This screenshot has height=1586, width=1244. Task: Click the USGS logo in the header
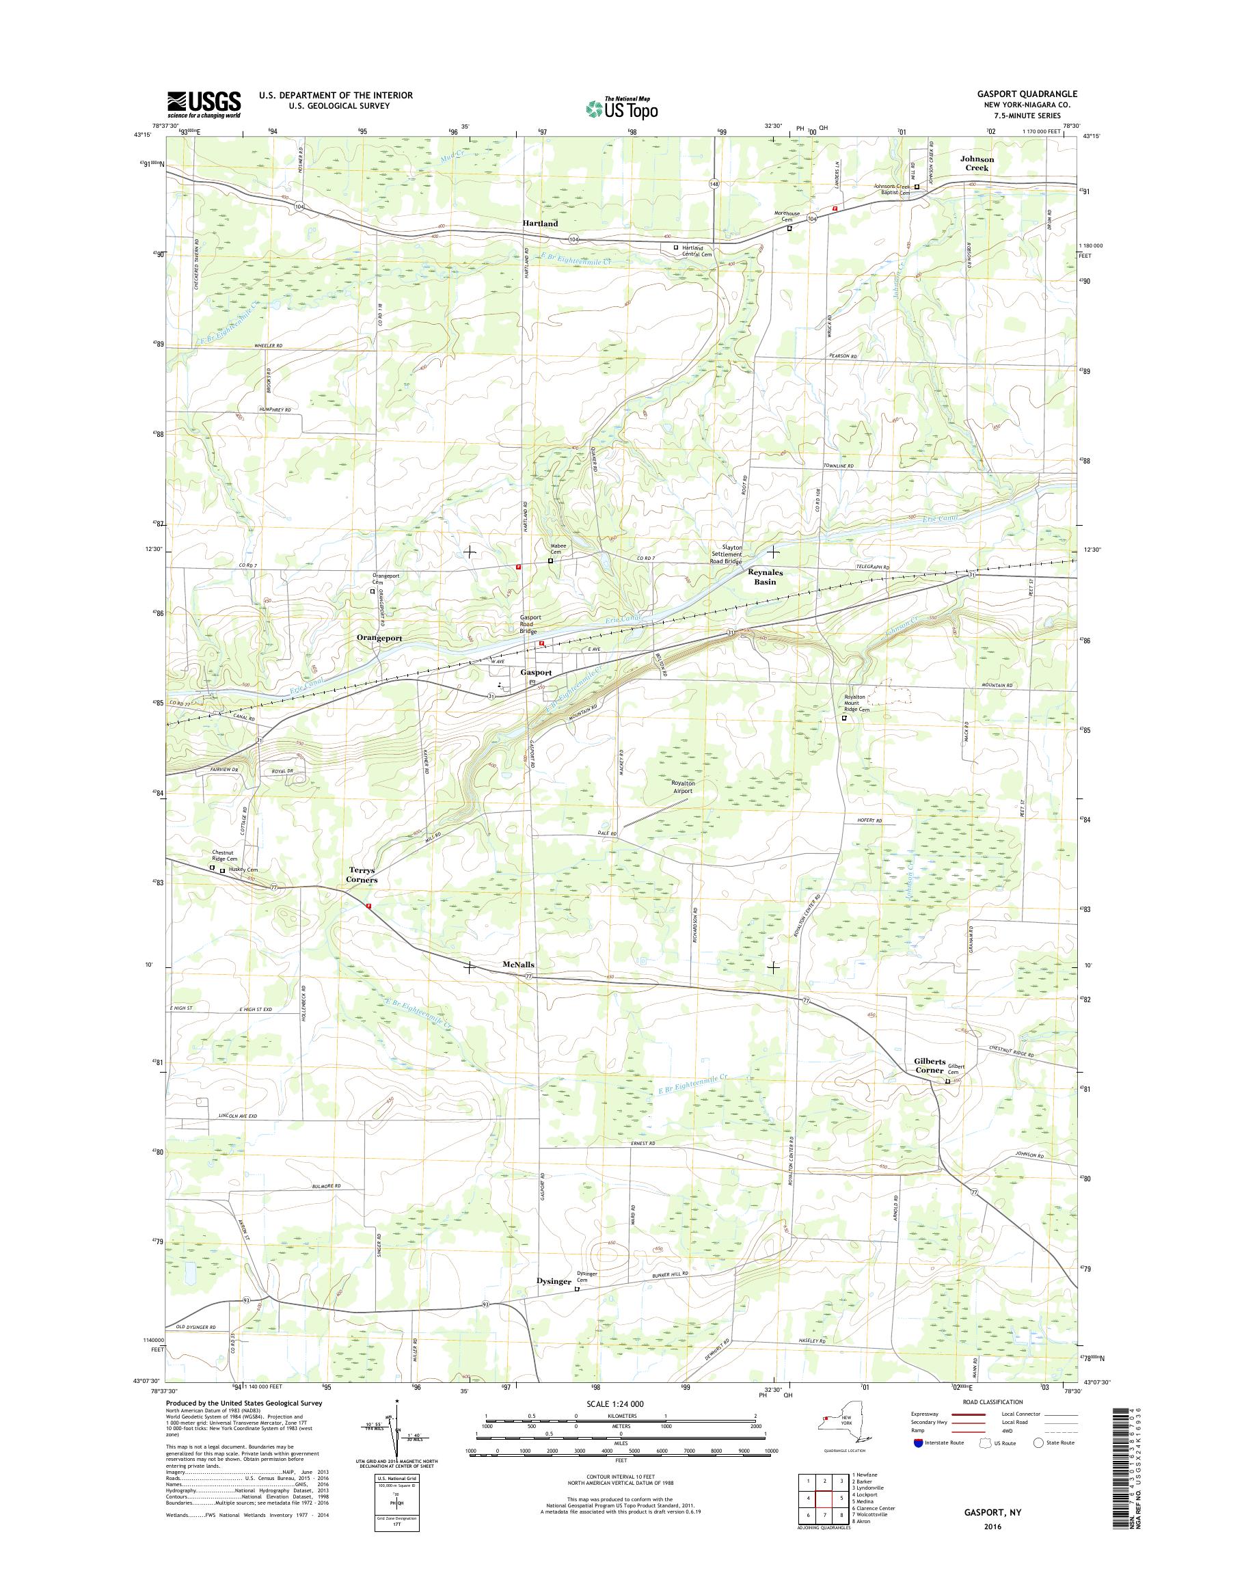coord(204,104)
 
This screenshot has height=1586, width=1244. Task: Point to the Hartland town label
coord(540,223)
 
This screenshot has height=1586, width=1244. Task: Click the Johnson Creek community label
coord(977,163)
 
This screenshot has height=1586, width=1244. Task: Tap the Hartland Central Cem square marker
coord(675,247)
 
